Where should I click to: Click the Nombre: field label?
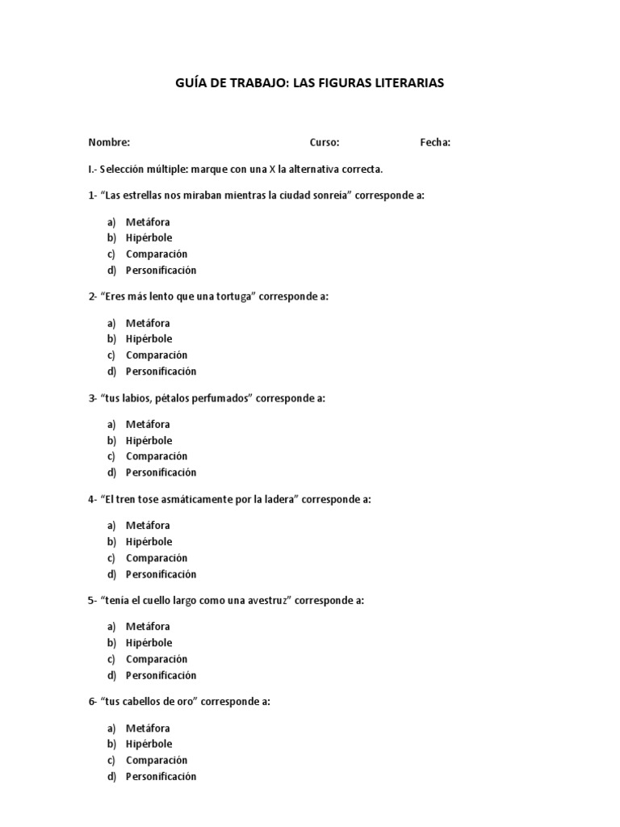(x=109, y=143)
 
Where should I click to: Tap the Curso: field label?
(x=325, y=143)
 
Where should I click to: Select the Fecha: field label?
(x=435, y=143)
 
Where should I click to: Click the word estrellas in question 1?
(x=144, y=195)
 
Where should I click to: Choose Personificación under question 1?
(x=161, y=271)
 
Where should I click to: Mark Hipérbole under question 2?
(x=149, y=339)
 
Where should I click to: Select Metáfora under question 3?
(x=148, y=424)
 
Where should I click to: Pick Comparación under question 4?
(x=157, y=558)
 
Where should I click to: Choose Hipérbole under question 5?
(x=149, y=643)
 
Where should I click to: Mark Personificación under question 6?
(x=161, y=777)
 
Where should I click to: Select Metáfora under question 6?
(x=148, y=728)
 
